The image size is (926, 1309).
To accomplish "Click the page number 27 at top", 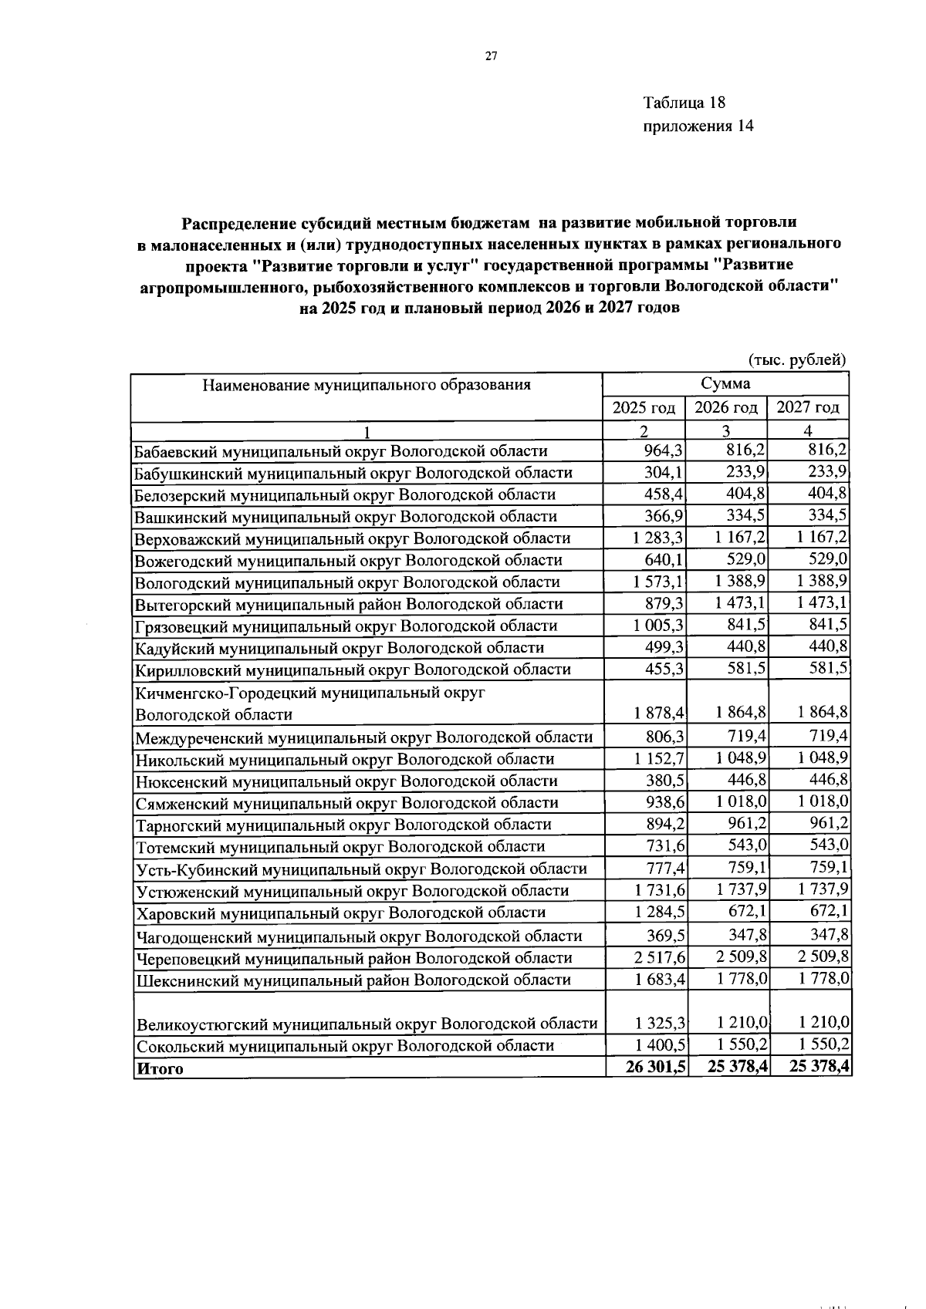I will tap(491, 55).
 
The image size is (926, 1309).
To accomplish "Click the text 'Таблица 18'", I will tap(684, 103).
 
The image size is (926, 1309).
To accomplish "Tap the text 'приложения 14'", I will tap(698, 126).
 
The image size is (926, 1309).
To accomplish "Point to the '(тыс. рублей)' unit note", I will tap(798, 359).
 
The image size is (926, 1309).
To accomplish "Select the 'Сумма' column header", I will tap(725, 383).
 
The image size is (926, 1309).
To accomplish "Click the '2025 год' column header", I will tap(644, 408).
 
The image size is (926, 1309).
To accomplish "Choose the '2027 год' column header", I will tap(807, 408).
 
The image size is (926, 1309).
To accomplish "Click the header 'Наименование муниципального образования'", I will tap(367, 384).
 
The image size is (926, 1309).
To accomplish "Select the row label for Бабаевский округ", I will tap(340, 451).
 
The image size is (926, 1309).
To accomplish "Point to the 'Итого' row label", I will tap(161, 1068).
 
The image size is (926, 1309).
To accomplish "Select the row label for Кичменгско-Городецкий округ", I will tap(309, 703).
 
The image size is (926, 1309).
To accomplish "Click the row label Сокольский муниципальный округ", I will tap(345, 1046).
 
